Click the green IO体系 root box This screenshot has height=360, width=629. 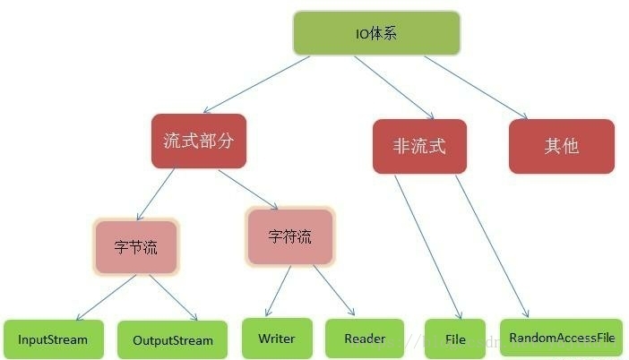click(376, 33)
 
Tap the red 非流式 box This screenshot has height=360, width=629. click(419, 146)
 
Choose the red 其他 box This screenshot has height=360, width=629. click(561, 146)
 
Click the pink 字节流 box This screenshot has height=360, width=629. click(137, 246)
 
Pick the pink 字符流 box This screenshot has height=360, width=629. click(290, 236)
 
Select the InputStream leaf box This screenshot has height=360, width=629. click(53, 339)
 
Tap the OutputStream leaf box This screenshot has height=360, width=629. click(172, 340)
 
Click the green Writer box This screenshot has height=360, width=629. click(276, 339)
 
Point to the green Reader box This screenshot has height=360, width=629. click(364, 339)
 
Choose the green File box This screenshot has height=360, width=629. click(454, 339)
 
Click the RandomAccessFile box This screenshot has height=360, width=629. click(561, 338)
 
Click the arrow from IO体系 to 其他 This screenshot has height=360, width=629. click(475, 87)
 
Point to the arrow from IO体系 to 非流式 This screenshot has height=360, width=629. click(394, 87)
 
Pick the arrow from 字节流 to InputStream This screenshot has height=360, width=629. click(105, 297)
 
